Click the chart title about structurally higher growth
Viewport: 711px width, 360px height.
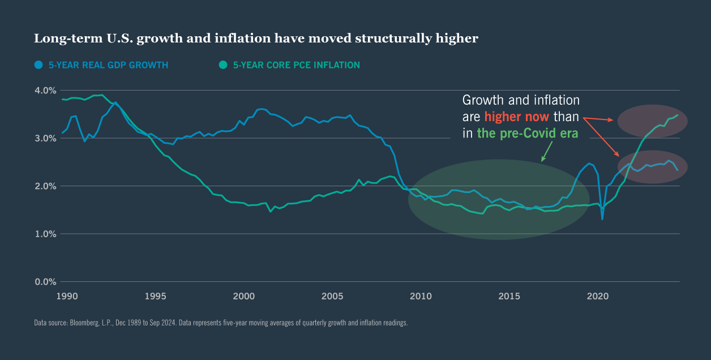coord(256,38)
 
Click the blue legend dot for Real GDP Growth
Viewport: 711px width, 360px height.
coord(38,65)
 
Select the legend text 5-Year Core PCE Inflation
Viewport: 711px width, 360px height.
coord(296,65)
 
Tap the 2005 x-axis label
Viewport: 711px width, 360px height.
coord(332,296)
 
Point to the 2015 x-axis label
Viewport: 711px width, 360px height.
coord(509,296)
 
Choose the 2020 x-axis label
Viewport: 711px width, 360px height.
coord(598,296)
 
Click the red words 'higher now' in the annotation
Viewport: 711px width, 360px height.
coord(516,117)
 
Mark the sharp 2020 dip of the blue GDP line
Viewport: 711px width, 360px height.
coord(602,218)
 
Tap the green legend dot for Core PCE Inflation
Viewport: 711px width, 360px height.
coord(223,65)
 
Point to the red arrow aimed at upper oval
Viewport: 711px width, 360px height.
coord(599,119)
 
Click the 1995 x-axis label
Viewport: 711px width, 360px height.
coord(155,296)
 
